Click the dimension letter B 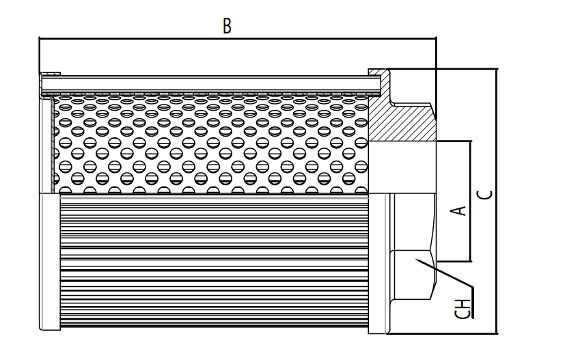pos(228,27)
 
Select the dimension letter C pos(486,194)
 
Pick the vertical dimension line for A pos(471,202)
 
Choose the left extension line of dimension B pos(40,58)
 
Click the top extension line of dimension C pos(444,68)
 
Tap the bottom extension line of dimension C pos(444,334)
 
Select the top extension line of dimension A pos(454,141)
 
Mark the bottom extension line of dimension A pos(454,262)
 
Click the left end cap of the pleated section pos(50,263)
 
